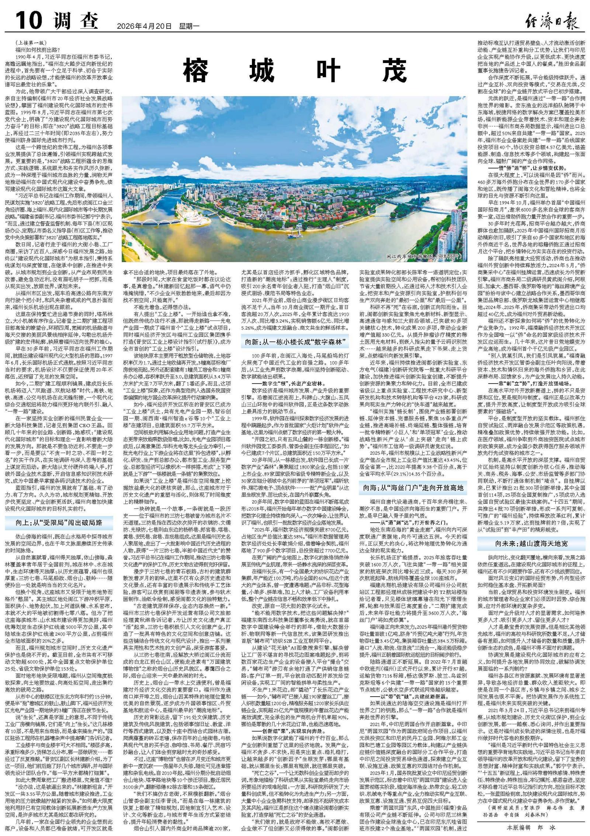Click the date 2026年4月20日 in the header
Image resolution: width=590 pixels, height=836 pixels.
point(144,26)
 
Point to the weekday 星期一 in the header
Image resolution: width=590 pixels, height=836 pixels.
point(189,26)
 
